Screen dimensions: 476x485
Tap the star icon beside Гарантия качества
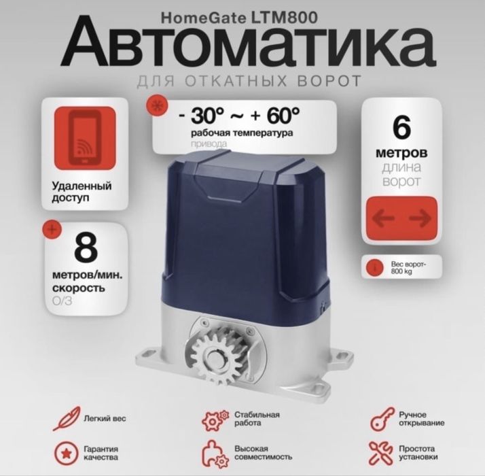(x=65, y=452)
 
